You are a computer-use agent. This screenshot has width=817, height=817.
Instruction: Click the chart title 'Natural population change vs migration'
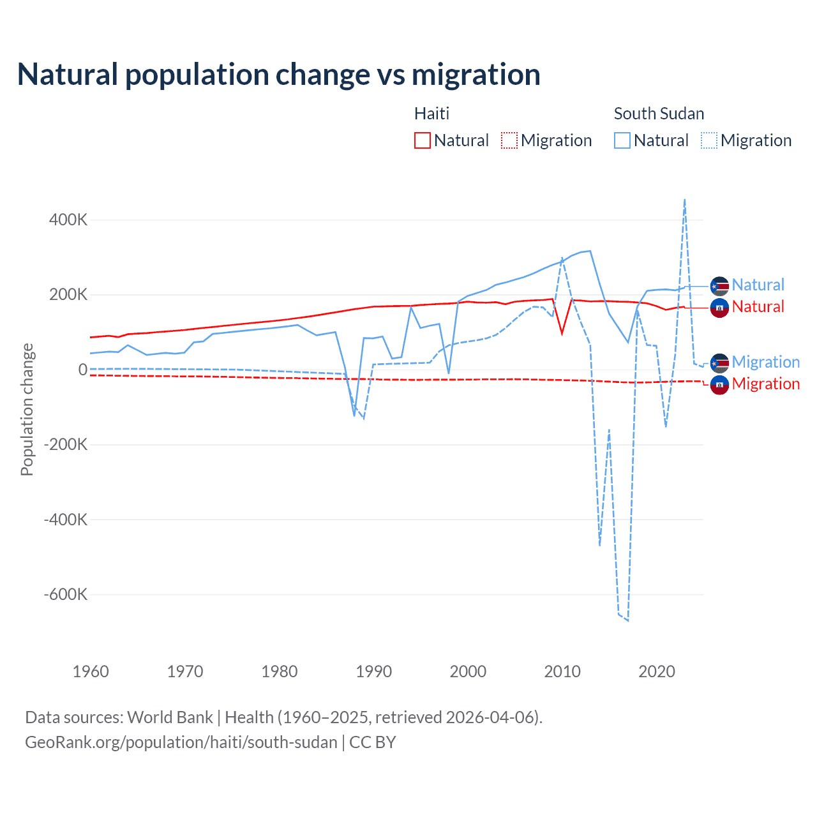click(279, 75)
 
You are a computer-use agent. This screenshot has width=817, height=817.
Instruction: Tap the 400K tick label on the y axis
click(68, 220)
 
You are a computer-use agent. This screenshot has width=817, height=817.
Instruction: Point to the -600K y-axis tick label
click(66, 595)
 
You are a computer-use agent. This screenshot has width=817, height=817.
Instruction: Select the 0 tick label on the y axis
click(83, 370)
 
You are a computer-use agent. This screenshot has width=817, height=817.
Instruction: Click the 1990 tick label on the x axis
click(373, 671)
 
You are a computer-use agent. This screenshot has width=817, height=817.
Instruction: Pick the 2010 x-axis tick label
click(562, 671)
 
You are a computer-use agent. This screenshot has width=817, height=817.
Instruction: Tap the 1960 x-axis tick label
click(91, 671)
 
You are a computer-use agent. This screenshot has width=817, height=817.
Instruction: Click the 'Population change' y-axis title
click(27, 410)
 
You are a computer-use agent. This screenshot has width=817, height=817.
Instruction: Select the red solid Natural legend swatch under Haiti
click(423, 140)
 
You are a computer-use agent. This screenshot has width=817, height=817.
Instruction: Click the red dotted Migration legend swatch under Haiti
click(509, 140)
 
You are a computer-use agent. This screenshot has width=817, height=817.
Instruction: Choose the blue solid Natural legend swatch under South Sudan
click(622, 140)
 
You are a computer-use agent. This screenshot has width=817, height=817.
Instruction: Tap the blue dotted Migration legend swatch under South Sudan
click(709, 140)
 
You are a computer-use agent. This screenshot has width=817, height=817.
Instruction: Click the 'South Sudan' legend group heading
click(659, 114)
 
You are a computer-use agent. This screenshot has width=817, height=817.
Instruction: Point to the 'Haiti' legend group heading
click(431, 114)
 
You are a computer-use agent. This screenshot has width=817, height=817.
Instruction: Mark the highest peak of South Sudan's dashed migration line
click(685, 199)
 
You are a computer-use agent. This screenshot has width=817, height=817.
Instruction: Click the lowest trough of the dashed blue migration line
click(628, 620)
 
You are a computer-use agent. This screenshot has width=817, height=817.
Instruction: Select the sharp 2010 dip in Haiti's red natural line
click(562, 333)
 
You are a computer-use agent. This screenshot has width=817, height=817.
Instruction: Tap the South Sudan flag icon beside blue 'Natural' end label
click(719, 285)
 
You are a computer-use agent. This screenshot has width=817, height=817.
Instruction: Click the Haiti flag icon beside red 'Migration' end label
click(719, 384)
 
